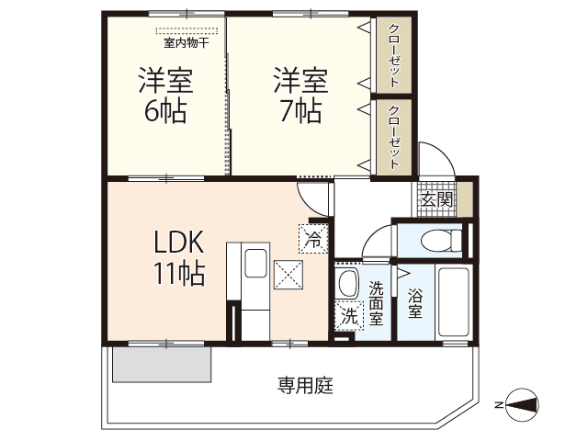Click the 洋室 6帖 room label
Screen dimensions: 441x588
coord(165,96)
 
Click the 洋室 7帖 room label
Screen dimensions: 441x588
coord(300,96)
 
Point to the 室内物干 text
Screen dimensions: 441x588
coord(187,42)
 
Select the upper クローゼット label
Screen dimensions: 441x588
coord(393,54)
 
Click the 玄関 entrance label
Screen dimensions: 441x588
coord(437,199)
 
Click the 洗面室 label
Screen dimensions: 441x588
coord(377,304)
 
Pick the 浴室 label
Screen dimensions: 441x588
coord(414,304)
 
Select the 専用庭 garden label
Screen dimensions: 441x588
coord(305,386)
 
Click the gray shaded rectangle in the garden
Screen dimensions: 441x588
coord(163,364)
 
